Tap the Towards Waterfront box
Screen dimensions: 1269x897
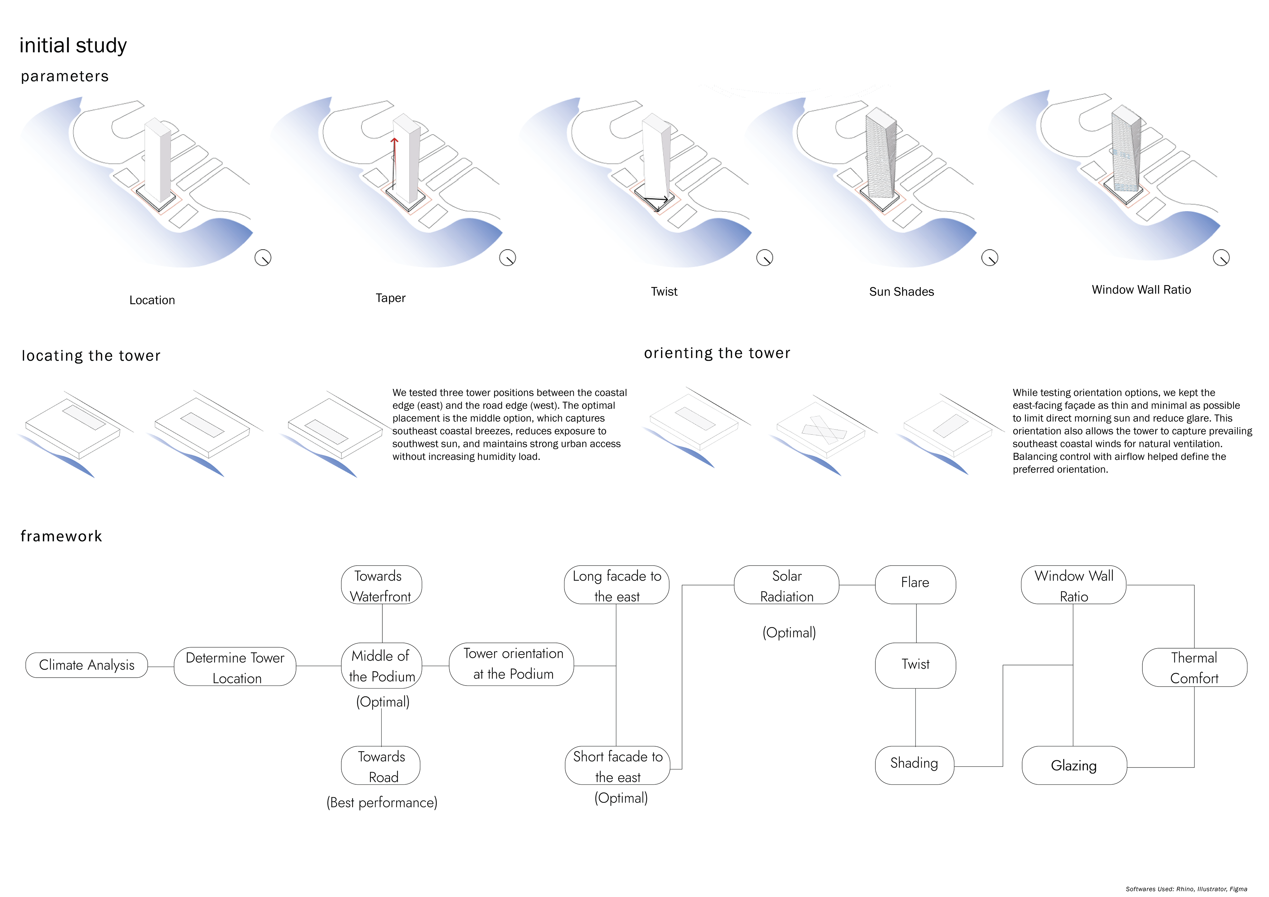pyautogui.click(x=381, y=585)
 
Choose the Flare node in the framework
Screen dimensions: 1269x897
pyautogui.click(x=915, y=585)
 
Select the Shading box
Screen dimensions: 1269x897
pyautogui.click(x=915, y=766)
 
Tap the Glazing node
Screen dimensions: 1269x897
pyautogui.click(x=1074, y=766)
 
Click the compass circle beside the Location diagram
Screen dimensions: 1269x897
pyautogui.click(x=263, y=258)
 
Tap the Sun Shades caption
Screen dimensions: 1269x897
pyautogui.click(x=902, y=292)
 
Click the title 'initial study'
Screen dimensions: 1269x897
pyautogui.click(x=73, y=45)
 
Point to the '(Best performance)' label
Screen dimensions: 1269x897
pyautogui.click(x=382, y=803)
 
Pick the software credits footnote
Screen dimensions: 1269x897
pyautogui.click(x=1186, y=889)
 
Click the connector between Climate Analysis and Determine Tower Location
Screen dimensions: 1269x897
pyautogui.click(x=161, y=666)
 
